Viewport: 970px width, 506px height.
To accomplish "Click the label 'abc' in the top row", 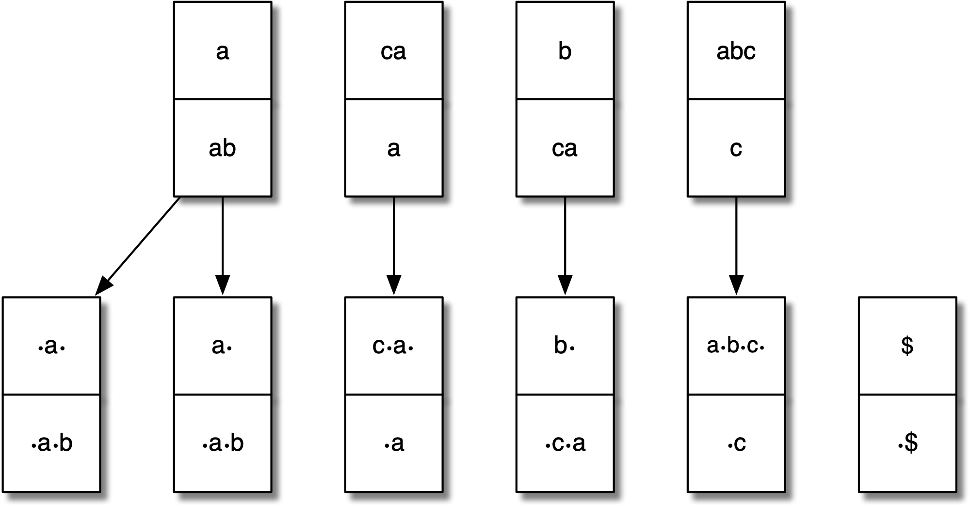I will click(736, 51).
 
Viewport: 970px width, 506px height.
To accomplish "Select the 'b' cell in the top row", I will click(565, 51).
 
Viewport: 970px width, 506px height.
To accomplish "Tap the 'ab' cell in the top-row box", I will click(222, 148).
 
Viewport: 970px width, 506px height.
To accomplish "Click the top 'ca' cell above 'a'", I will click(393, 51).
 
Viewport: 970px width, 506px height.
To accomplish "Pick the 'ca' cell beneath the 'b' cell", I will click(565, 148).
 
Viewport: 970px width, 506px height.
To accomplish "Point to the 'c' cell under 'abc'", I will click(736, 148).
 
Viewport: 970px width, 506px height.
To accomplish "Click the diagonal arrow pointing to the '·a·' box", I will click(138, 245).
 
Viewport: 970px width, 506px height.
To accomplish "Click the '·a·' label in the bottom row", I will click(51, 347).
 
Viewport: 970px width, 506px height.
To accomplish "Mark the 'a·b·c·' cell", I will click(736, 347).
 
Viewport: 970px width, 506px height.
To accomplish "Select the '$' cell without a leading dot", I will click(907, 347).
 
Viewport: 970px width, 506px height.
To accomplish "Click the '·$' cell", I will click(907, 443).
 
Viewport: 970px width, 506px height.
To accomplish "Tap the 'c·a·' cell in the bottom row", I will click(393, 347).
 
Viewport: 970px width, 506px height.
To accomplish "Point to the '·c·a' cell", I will click(565, 443).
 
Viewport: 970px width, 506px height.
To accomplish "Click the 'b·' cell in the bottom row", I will click(565, 347).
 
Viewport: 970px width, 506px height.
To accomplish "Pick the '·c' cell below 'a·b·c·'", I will click(736, 443).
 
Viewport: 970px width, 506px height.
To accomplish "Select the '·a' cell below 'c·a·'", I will click(393, 443).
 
